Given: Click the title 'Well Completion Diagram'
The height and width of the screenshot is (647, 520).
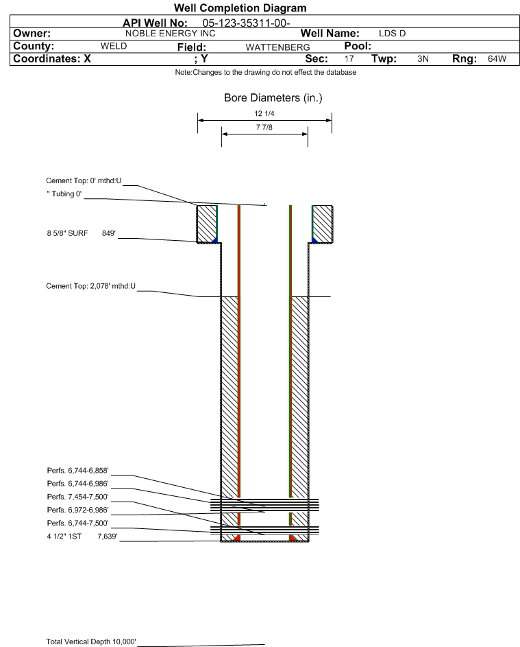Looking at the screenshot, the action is [x=240, y=8].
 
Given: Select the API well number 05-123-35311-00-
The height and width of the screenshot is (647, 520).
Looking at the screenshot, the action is [x=246, y=23].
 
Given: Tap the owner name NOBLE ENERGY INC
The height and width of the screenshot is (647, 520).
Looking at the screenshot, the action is [x=170, y=34].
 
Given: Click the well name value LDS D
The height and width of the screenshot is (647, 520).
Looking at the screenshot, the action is [x=393, y=34].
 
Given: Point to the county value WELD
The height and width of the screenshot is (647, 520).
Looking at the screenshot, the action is [x=114, y=46].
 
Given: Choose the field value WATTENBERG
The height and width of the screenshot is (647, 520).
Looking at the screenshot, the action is [x=277, y=47].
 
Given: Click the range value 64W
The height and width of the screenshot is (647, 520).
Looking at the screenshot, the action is [x=497, y=58].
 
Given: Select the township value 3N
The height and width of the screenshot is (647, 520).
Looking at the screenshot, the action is [x=423, y=58].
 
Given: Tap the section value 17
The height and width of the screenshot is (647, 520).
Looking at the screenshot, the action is [x=349, y=58].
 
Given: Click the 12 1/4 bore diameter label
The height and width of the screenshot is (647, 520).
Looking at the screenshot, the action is [x=264, y=113].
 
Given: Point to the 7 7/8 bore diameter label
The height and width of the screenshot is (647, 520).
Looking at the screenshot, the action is [x=264, y=127].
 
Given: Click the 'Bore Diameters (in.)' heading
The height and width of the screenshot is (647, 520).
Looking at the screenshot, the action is [x=273, y=98].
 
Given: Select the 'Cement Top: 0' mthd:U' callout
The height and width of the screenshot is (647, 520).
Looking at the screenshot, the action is [x=84, y=180].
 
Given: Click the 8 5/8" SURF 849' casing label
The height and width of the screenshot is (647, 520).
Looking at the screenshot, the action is [x=81, y=233].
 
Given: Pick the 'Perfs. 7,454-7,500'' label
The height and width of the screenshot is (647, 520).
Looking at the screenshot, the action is [x=78, y=497].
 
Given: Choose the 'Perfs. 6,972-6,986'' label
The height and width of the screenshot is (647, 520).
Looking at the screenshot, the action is [x=78, y=510].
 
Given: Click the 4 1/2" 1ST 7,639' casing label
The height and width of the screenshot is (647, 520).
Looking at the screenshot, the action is [x=82, y=537].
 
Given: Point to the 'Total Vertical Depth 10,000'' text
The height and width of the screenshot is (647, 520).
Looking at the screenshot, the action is [x=91, y=642].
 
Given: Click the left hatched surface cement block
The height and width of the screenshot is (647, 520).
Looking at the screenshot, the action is [x=207, y=224].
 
